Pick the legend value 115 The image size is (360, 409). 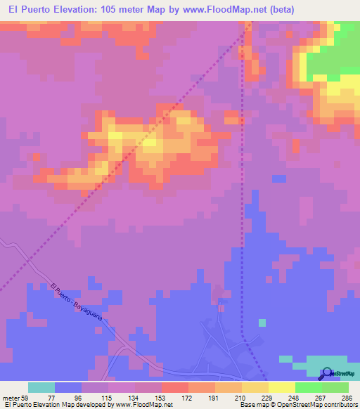pos(96,398)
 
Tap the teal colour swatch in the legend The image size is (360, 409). pos(41,387)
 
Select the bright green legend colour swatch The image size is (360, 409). pos(309,387)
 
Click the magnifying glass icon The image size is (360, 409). pos(326,373)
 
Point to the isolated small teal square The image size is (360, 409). pos(262,323)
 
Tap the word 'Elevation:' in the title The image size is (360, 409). pos(80,9)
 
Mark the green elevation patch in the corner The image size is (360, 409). pos(335,53)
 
